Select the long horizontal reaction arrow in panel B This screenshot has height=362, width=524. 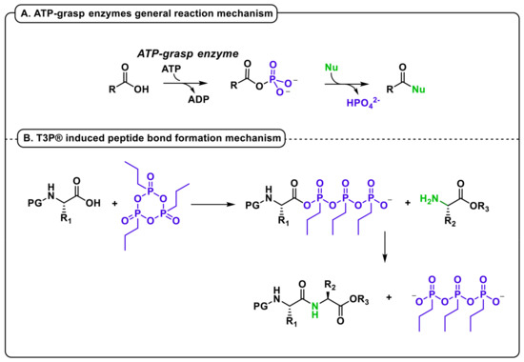pos(219,203)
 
